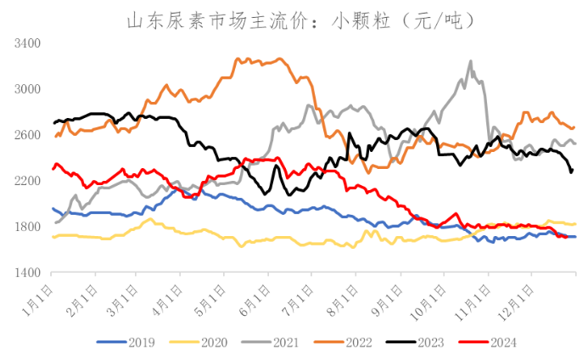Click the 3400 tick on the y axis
coord(28,42)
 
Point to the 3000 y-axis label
coord(28,89)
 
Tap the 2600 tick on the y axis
coord(28,135)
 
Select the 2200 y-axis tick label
coord(28,181)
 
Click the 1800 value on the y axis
coord(28,227)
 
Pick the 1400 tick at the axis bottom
coord(28,273)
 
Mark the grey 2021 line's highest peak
coord(471,61)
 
